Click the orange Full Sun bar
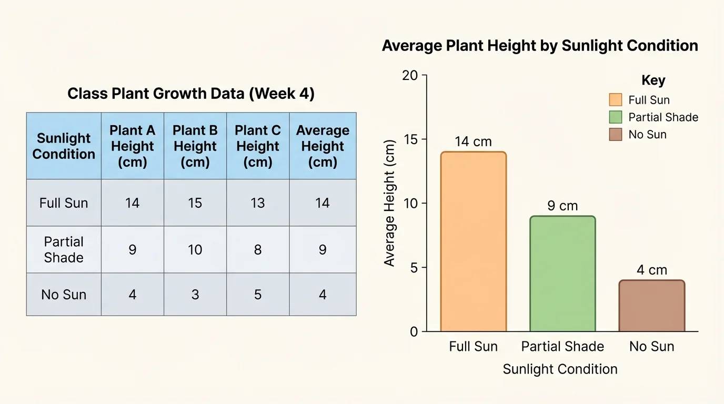[x=473, y=242]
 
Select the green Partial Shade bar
[x=562, y=274]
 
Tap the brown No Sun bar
[x=651, y=306]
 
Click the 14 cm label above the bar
[x=473, y=142]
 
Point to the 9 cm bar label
[x=562, y=206]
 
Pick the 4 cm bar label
[x=651, y=270]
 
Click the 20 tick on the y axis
[x=410, y=75]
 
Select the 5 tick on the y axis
[x=414, y=268]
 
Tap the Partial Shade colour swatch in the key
[x=615, y=117]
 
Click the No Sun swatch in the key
[x=615, y=135]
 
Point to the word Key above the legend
[x=653, y=80]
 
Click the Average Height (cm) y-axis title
[x=389, y=203]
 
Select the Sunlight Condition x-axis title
[x=560, y=369]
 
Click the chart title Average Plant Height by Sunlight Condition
[x=540, y=46]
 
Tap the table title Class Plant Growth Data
[x=191, y=94]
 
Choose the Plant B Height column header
[x=195, y=146]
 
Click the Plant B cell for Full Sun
[x=195, y=203]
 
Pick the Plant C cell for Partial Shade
[x=258, y=249]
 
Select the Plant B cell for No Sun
[x=195, y=295]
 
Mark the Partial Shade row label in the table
[x=64, y=249]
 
